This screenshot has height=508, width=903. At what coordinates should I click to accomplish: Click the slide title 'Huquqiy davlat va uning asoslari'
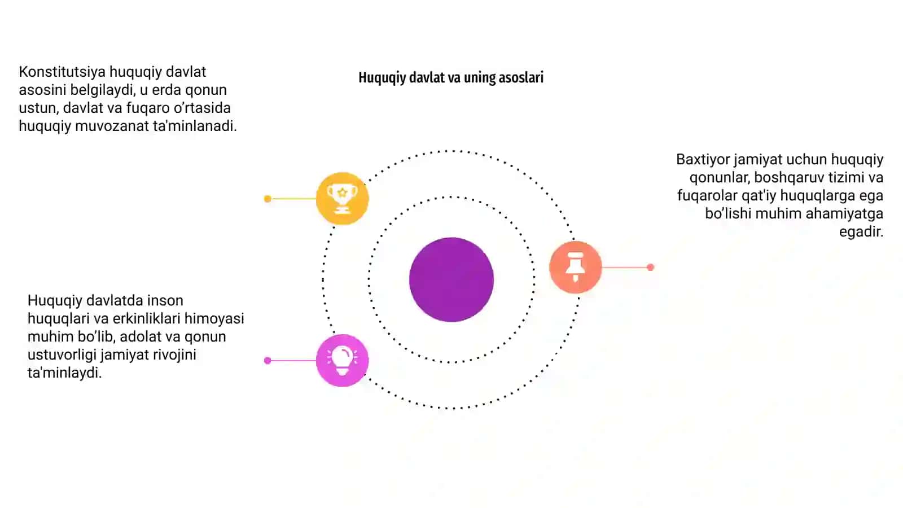pos(451,77)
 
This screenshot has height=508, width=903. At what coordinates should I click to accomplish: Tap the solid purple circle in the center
pos(451,279)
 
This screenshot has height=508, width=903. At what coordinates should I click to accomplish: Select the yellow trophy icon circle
pos(342,198)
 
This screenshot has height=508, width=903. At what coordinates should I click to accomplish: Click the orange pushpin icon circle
pos(575,267)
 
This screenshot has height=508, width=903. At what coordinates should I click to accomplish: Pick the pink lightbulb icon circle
pos(342,361)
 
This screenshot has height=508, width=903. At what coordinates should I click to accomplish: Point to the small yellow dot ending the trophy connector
pos(268,199)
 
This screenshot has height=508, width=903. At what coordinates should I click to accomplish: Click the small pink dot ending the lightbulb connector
pos(268,361)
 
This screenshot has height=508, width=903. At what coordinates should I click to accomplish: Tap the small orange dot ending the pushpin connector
pos(650,268)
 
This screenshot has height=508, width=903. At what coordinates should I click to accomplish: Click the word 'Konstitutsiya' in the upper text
pos(62,72)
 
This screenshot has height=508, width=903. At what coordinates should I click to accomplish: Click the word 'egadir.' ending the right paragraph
pos(861,232)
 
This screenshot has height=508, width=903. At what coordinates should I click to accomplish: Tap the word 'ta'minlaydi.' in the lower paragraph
pos(64,373)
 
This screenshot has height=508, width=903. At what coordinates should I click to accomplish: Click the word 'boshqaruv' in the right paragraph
pos(790,177)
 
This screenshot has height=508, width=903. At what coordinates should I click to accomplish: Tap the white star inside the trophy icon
pos(342,192)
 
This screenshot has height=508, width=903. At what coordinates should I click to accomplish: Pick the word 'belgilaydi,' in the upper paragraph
pos(102,90)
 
